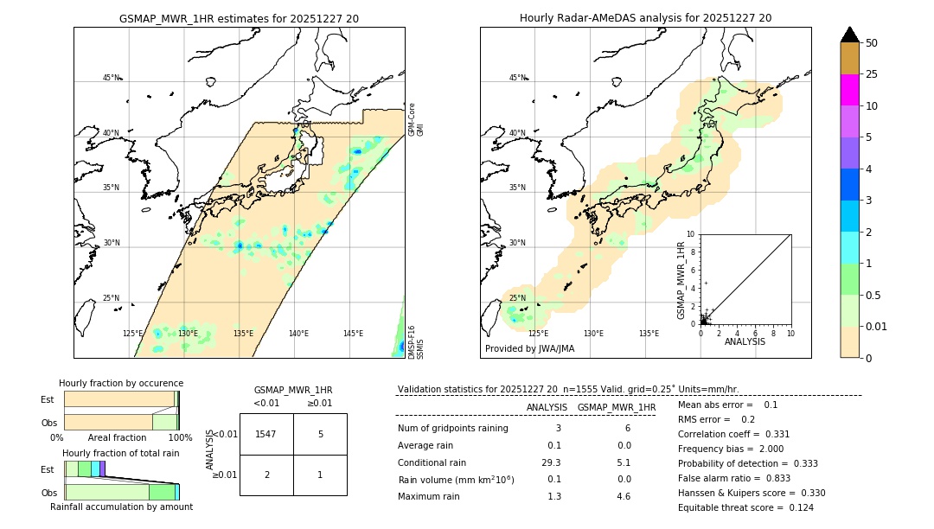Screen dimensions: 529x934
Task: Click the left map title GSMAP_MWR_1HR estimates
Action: [239, 18]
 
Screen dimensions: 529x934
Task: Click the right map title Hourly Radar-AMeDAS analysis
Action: [645, 18]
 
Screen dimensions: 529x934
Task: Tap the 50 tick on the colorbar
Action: [872, 43]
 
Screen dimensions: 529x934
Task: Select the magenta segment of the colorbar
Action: [849, 90]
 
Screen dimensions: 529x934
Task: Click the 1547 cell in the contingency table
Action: [266, 434]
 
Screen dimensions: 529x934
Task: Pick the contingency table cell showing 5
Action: [320, 434]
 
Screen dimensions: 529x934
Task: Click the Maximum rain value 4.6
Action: [623, 496]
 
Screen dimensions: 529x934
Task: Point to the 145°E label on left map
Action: [353, 334]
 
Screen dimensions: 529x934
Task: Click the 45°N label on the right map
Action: [517, 78]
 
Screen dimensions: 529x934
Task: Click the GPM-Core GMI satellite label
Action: [416, 119]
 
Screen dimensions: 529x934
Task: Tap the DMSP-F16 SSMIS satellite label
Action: [416, 342]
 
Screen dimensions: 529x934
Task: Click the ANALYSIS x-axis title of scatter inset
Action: [745, 341]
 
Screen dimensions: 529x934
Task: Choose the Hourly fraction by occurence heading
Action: [121, 383]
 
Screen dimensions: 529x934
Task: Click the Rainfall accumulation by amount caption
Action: [121, 507]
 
